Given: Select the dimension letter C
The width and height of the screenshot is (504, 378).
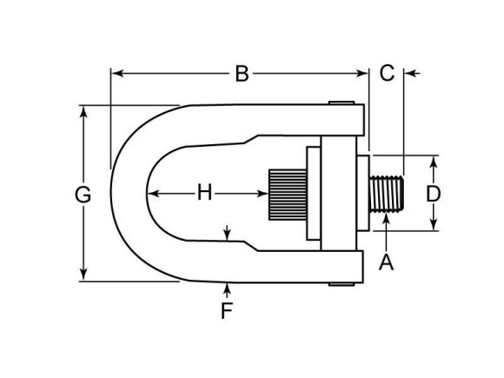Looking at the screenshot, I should pyautogui.click(x=388, y=73).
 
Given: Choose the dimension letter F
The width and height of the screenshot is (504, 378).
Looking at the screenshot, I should pyautogui.click(x=226, y=310).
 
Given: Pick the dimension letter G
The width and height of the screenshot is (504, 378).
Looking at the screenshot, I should pyautogui.click(x=83, y=195).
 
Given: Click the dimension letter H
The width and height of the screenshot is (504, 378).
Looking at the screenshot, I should pyautogui.click(x=204, y=193).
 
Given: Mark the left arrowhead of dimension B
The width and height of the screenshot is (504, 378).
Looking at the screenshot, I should pyautogui.click(x=116, y=74).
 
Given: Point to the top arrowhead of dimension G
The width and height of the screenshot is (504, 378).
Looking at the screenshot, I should pyautogui.click(x=83, y=111).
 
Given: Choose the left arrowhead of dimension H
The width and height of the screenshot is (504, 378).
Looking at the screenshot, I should pyautogui.click(x=150, y=193).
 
